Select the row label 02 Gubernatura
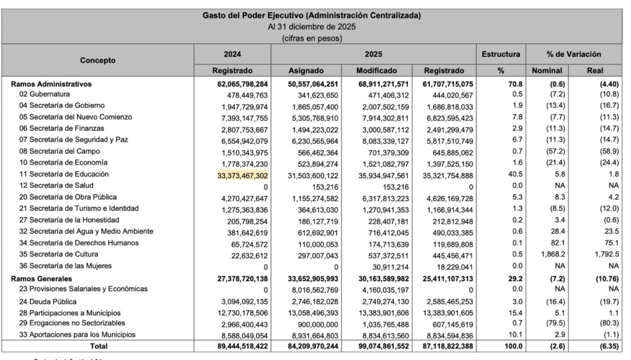(x=44, y=94)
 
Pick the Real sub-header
(x=595, y=70)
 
